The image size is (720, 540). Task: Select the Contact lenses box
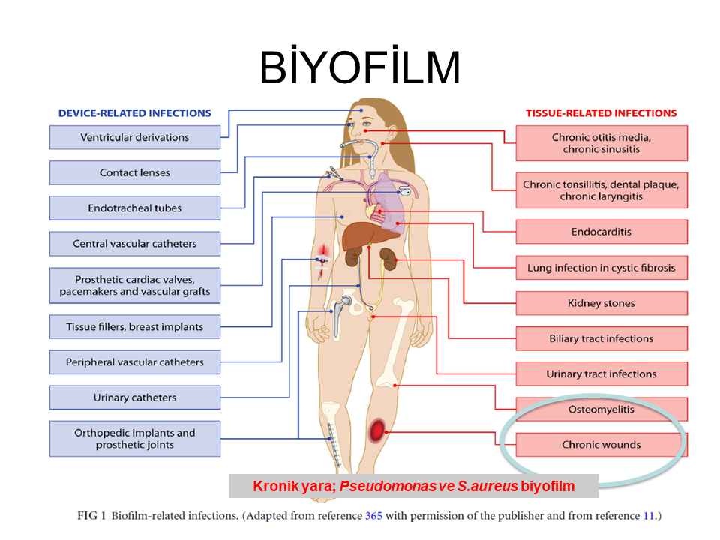(x=135, y=172)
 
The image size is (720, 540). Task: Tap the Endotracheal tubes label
(x=135, y=208)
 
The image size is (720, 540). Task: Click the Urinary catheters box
(x=135, y=397)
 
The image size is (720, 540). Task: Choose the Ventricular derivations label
(x=135, y=137)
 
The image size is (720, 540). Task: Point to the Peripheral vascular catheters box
(x=135, y=362)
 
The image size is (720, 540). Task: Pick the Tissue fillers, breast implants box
(x=135, y=327)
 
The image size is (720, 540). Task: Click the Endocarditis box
(x=601, y=232)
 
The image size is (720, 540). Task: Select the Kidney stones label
(x=601, y=303)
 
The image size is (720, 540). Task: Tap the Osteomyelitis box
(x=601, y=409)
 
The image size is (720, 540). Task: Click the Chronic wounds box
(x=601, y=445)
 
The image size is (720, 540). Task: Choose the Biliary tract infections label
(x=601, y=338)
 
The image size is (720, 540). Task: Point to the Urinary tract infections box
(x=601, y=373)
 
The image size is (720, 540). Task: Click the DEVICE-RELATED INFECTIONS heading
(x=135, y=113)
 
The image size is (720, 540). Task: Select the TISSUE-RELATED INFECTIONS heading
(x=601, y=113)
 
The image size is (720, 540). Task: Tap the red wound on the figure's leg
(x=376, y=430)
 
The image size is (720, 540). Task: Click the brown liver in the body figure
(x=357, y=239)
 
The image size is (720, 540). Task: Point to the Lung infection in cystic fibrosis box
(x=601, y=268)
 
